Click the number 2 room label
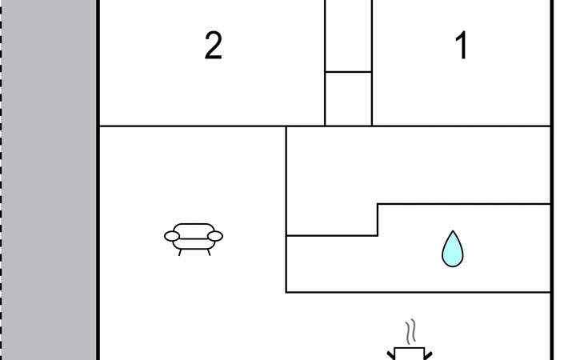(x=213, y=46)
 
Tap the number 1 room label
(x=461, y=46)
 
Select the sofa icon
(x=194, y=238)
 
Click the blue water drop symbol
(x=452, y=249)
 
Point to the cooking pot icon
(x=410, y=354)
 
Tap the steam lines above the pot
(x=410, y=331)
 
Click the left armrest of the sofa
(x=172, y=236)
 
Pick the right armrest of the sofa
(x=215, y=236)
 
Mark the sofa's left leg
(x=181, y=251)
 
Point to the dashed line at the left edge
(x=2, y=180)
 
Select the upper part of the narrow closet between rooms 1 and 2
(x=348, y=36)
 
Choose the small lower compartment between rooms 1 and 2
(x=348, y=98)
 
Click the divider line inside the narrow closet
(x=348, y=72)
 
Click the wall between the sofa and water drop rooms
(x=286, y=208)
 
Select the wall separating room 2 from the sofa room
(x=192, y=126)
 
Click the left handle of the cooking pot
(x=392, y=354)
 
